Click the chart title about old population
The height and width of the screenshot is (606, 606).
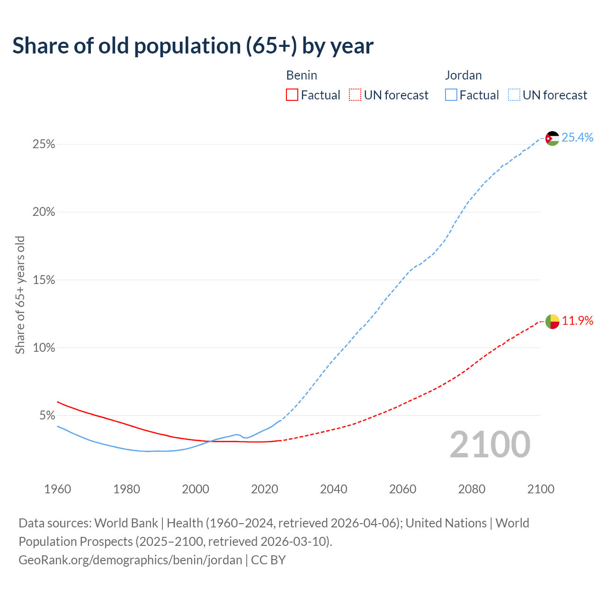click(x=193, y=46)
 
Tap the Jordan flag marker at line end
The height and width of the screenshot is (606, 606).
click(x=552, y=138)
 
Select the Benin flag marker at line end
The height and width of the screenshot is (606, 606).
click(x=552, y=321)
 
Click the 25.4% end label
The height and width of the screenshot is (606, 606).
click(x=577, y=137)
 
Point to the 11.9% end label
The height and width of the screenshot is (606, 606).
click(x=577, y=321)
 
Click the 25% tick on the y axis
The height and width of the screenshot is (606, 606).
click(x=44, y=144)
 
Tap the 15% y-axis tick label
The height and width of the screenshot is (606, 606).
click(x=44, y=280)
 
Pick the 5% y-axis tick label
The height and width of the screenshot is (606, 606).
click(x=47, y=416)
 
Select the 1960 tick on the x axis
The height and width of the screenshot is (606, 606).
click(x=57, y=489)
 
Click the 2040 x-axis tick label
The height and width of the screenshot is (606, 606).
click(x=333, y=489)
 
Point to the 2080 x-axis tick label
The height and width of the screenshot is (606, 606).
click(x=472, y=489)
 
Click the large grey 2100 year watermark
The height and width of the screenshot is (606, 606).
click(x=490, y=445)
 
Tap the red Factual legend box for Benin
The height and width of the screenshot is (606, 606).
click(x=292, y=95)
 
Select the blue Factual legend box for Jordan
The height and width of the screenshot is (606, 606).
click(x=451, y=95)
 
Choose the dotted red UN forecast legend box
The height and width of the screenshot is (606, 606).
click(x=355, y=95)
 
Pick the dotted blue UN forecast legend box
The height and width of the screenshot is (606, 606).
click(x=514, y=95)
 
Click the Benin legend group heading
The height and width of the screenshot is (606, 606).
click(x=302, y=75)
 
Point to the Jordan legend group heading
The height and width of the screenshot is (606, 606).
click(x=463, y=75)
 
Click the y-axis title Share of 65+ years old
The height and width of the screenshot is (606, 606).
click(x=20, y=295)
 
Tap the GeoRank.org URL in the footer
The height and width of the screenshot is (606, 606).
click(x=130, y=560)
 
